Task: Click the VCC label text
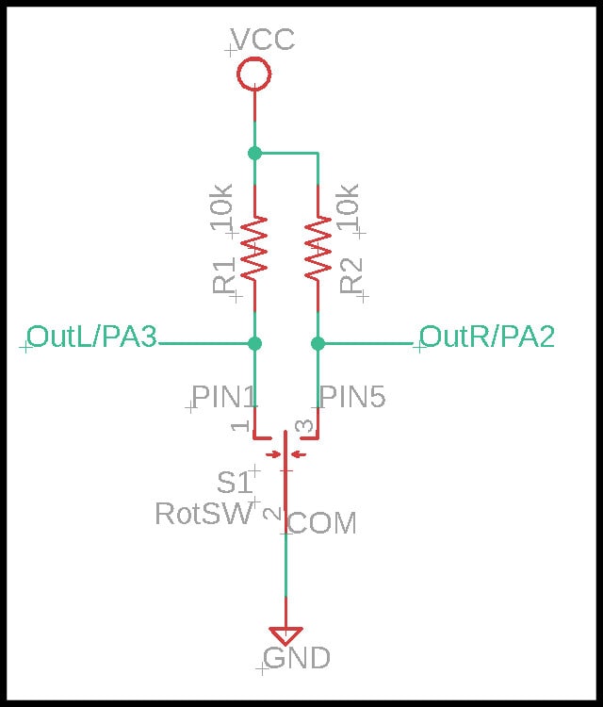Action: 262,40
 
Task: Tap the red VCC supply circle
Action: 253,74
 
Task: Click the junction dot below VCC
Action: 254,153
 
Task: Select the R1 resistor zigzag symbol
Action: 254,247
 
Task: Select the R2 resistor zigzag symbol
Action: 318,247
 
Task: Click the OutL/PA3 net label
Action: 91,337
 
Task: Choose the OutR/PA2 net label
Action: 487,337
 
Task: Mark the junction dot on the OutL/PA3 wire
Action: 254,343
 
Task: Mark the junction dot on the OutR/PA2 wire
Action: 318,343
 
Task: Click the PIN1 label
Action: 225,397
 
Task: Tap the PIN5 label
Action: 353,397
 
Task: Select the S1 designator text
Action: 235,483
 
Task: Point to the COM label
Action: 321,523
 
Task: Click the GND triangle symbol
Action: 285,635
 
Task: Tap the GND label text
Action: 297,658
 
